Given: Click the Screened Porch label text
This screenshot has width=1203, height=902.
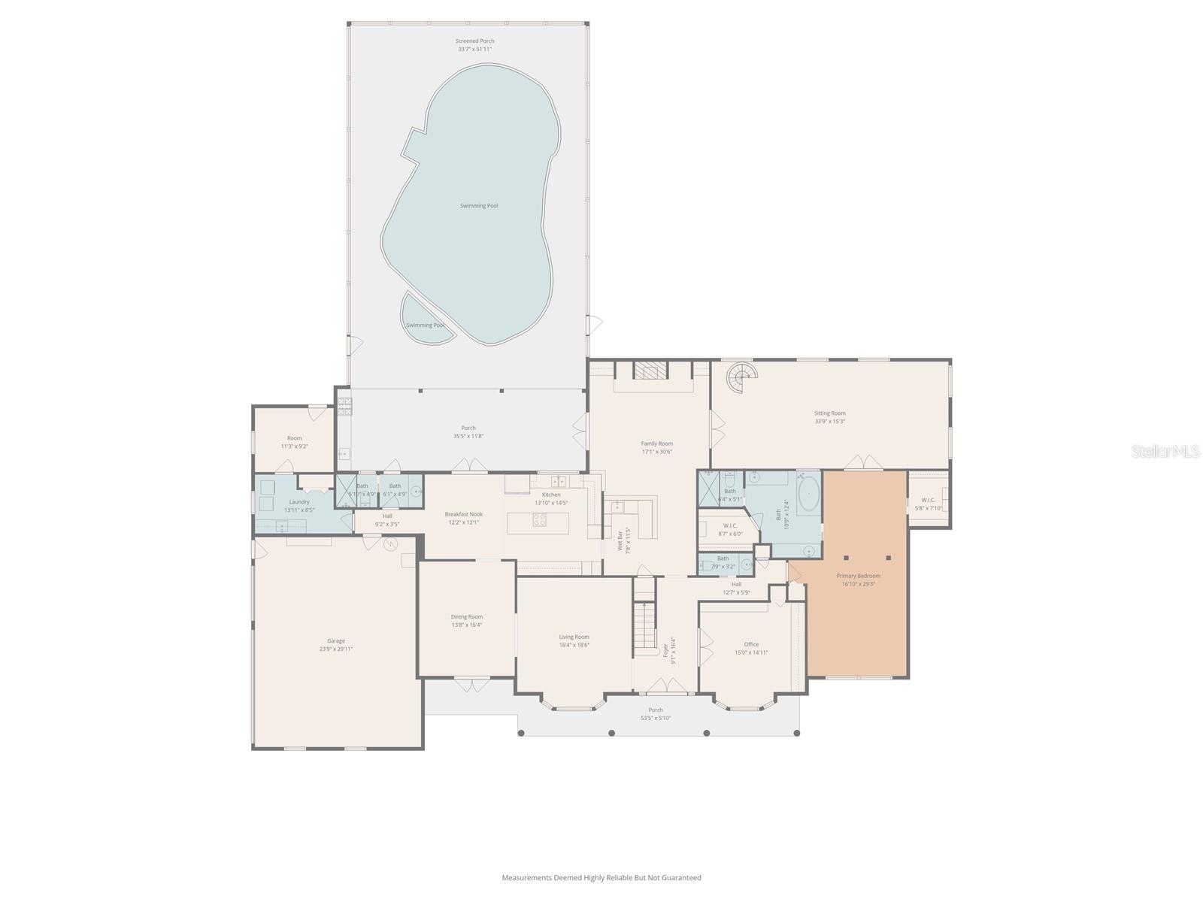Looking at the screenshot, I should [475, 41].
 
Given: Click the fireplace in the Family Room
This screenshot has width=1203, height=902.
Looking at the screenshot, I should [650, 371].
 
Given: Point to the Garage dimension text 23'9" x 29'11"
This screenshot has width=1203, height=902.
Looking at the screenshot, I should [335, 649].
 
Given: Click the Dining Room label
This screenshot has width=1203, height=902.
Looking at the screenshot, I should [466, 616].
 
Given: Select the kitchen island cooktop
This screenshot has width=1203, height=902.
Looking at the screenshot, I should [539, 518].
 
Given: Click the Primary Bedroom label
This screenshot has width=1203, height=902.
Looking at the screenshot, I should [858, 576].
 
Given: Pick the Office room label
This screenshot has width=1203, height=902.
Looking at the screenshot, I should [751, 644].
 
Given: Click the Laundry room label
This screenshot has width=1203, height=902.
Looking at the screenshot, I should [298, 501].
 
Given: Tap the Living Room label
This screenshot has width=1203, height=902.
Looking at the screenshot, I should [574, 637].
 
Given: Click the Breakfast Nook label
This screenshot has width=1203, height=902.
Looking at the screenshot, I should [463, 514].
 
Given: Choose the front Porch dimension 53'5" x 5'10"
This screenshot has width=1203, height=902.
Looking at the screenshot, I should [656, 718].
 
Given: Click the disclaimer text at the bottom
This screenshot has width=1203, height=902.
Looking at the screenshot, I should [601, 877].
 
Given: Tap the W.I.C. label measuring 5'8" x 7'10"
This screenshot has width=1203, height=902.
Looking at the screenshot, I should [928, 500].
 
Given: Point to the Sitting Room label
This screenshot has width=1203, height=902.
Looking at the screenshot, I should [829, 413].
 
